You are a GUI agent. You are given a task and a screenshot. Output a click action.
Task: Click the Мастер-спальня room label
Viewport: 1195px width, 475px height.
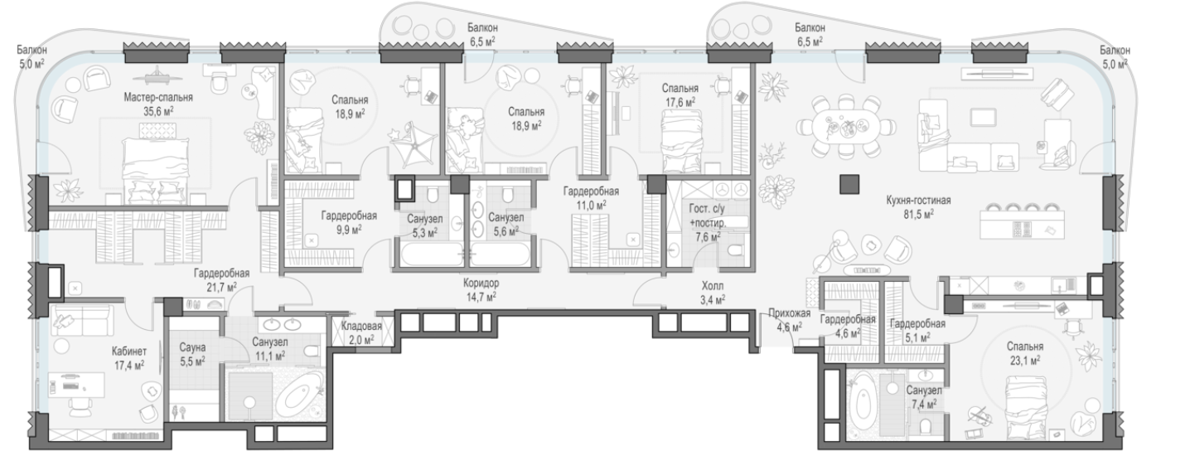click(158, 98)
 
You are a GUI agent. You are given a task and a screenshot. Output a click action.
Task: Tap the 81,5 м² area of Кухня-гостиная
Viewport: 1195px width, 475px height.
click(919, 214)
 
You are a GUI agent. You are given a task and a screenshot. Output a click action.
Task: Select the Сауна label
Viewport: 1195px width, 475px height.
click(192, 347)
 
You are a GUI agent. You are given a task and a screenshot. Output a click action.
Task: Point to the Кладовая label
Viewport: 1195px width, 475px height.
click(361, 326)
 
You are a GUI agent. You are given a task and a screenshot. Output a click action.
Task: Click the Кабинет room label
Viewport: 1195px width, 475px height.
click(129, 351)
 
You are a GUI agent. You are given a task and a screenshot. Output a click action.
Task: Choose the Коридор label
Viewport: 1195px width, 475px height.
click(481, 284)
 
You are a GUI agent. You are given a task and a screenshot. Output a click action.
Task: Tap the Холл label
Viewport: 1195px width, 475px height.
click(713, 286)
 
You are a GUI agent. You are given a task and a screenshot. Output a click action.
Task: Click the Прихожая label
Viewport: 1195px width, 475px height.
click(789, 314)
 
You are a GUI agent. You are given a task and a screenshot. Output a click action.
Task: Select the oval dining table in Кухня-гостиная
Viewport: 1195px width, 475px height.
click(846, 127)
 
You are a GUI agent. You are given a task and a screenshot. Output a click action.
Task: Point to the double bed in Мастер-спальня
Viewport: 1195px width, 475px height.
click(156, 171)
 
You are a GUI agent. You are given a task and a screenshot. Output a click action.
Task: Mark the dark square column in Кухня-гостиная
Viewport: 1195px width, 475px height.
click(849, 184)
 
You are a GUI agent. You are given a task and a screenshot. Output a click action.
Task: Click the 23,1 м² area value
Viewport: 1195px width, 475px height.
click(1024, 361)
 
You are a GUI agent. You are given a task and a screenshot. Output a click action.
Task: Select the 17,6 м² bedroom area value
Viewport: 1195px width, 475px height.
click(680, 102)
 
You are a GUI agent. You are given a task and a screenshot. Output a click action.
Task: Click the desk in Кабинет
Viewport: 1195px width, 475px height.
click(75, 385)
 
